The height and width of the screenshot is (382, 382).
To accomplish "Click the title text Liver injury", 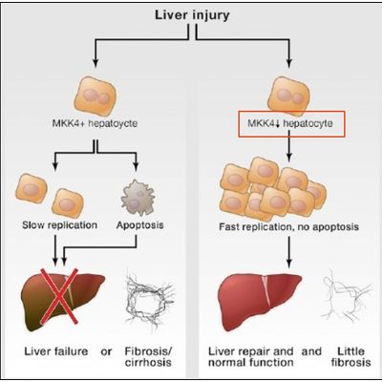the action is (x=192, y=15).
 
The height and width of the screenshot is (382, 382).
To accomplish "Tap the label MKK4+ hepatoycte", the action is (x=95, y=123).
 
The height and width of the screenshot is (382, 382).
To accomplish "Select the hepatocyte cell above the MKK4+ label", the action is (x=95, y=95).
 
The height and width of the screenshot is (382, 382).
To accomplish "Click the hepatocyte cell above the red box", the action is (x=288, y=95).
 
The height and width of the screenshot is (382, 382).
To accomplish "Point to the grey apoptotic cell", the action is (x=138, y=198).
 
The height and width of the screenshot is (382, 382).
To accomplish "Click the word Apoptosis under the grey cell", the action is (x=140, y=225).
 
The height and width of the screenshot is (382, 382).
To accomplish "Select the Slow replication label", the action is (x=60, y=225).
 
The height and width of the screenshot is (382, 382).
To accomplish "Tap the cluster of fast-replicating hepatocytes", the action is (x=273, y=189).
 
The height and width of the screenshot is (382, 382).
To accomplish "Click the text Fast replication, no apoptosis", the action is (x=289, y=226).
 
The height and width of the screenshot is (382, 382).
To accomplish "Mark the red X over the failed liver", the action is (x=59, y=296).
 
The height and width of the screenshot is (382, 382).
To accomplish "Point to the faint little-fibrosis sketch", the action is (x=346, y=296).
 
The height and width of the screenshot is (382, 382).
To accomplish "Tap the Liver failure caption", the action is (x=56, y=351).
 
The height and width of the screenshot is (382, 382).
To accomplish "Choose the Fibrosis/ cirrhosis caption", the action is (x=148, y=357).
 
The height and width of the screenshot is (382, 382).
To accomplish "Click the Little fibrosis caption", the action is (x=350, y=357).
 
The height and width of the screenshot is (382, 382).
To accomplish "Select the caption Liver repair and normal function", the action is (x=251, y=357).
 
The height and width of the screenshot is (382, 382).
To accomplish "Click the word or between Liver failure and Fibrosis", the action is (x=106, y=351).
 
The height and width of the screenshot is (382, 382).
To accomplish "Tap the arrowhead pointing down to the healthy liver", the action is (x=289, y=263).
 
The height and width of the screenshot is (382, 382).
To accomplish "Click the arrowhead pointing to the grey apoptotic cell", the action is (x=136, y=167).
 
